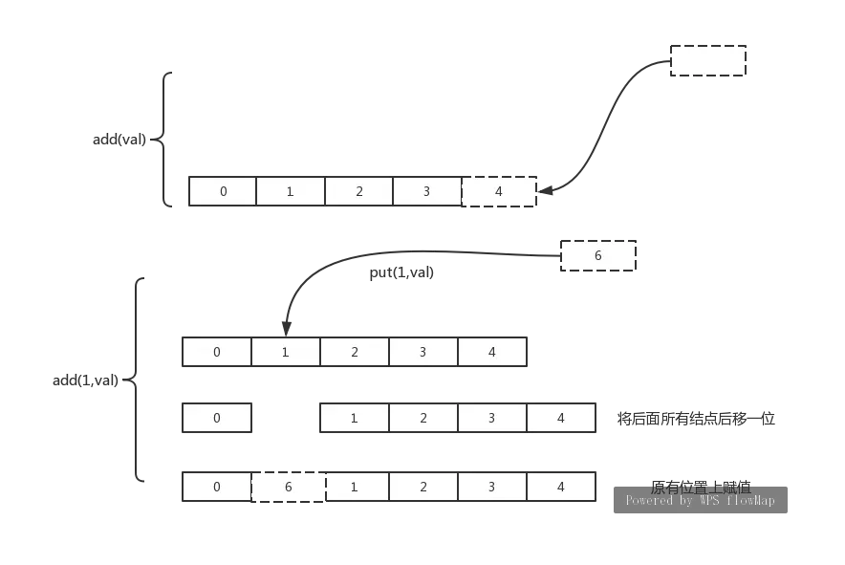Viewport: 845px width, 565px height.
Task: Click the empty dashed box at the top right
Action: point(707,60)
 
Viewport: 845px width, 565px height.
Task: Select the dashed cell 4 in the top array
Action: point(498,191)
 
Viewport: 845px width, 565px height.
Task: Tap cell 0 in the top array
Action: point(223,191)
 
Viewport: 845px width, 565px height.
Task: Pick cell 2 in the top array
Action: point(358,191)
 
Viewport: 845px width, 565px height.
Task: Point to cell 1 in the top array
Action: point(291,191)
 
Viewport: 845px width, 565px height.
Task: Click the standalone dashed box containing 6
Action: point(598,256)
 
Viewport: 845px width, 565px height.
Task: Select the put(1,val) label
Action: point(401,273)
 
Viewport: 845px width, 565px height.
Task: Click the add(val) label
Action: point(119,140)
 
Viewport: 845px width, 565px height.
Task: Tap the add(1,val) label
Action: point(88,381)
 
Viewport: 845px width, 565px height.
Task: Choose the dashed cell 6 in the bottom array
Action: point(288,487)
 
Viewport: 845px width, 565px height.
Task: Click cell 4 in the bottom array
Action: point(560,487)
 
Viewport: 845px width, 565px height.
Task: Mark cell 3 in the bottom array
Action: point(491,487)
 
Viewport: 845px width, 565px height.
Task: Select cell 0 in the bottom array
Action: point(217,487)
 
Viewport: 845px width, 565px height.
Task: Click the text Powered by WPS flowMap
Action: point(700,501)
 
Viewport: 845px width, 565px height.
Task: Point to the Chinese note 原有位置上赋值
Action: point(700,486)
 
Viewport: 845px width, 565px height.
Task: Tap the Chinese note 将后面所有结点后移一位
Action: point(698,419)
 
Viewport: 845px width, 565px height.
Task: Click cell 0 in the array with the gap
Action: point(217,418)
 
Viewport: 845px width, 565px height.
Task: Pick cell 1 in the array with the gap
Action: point(354,418)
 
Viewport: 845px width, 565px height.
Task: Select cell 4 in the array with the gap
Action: point(560,418)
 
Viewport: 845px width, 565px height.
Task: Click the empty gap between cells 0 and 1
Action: point(283,418)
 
